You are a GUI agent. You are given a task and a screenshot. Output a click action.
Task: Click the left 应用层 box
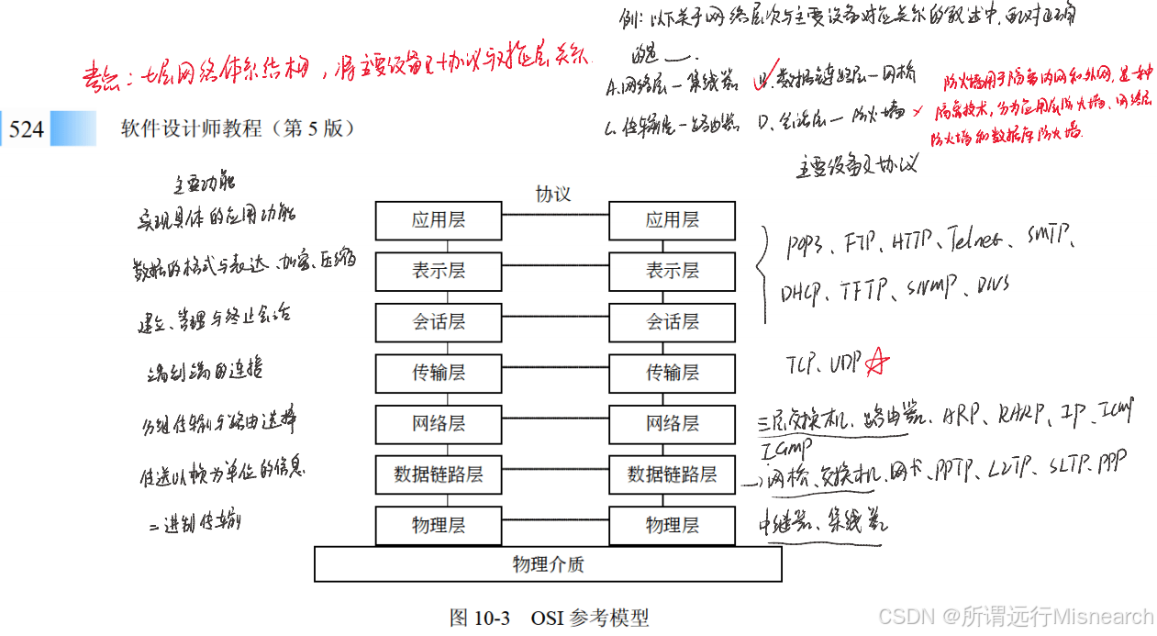tap(439, 220)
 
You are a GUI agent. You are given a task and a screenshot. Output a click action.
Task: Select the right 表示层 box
tap(673, 272)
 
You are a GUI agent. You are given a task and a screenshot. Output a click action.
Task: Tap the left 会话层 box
tap(439, 322)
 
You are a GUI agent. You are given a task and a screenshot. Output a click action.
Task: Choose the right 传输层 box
tap(673, 373)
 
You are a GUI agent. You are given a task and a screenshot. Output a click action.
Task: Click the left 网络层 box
tap(439, 424)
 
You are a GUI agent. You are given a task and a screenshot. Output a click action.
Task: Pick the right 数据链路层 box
tap(673, 474)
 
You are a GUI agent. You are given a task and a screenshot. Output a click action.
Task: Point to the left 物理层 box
tap(439, 526)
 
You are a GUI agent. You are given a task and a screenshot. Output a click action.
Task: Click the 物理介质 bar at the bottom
tap(548, 564)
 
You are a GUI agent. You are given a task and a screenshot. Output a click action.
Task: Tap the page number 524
tap(26, 129)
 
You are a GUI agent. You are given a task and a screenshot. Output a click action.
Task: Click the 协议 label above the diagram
tap(553, 195)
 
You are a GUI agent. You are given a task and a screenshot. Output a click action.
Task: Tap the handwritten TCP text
tap(802, 364)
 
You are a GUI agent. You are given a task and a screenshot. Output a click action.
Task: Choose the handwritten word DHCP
tap(802, 293)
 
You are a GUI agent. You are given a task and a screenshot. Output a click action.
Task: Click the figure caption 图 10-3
tap(479, 618)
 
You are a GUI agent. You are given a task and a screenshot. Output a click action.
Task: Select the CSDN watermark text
tap(1015, 617)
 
